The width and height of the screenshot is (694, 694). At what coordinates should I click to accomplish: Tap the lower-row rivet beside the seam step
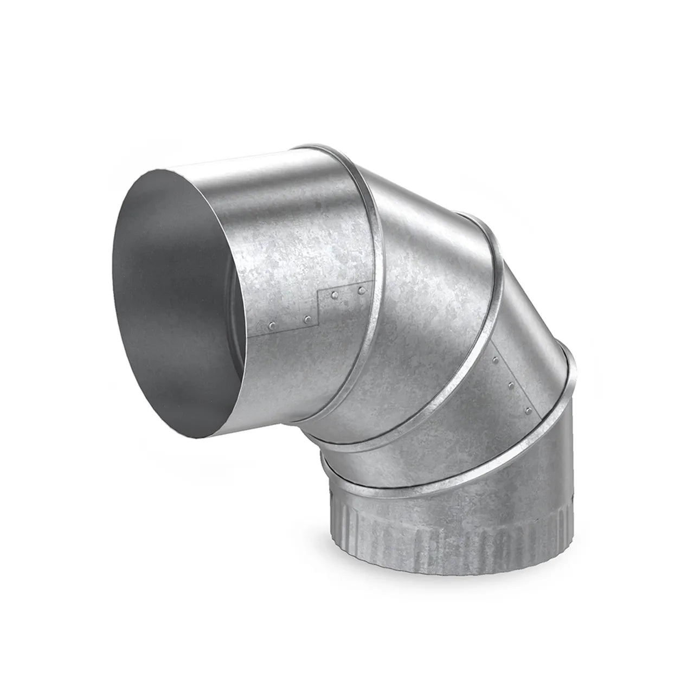(x=307, y=319)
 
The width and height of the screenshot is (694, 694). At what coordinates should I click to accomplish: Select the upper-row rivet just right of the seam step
(x=335, y=296)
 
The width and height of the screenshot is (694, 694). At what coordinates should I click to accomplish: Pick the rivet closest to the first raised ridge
(x=361, y=292)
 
